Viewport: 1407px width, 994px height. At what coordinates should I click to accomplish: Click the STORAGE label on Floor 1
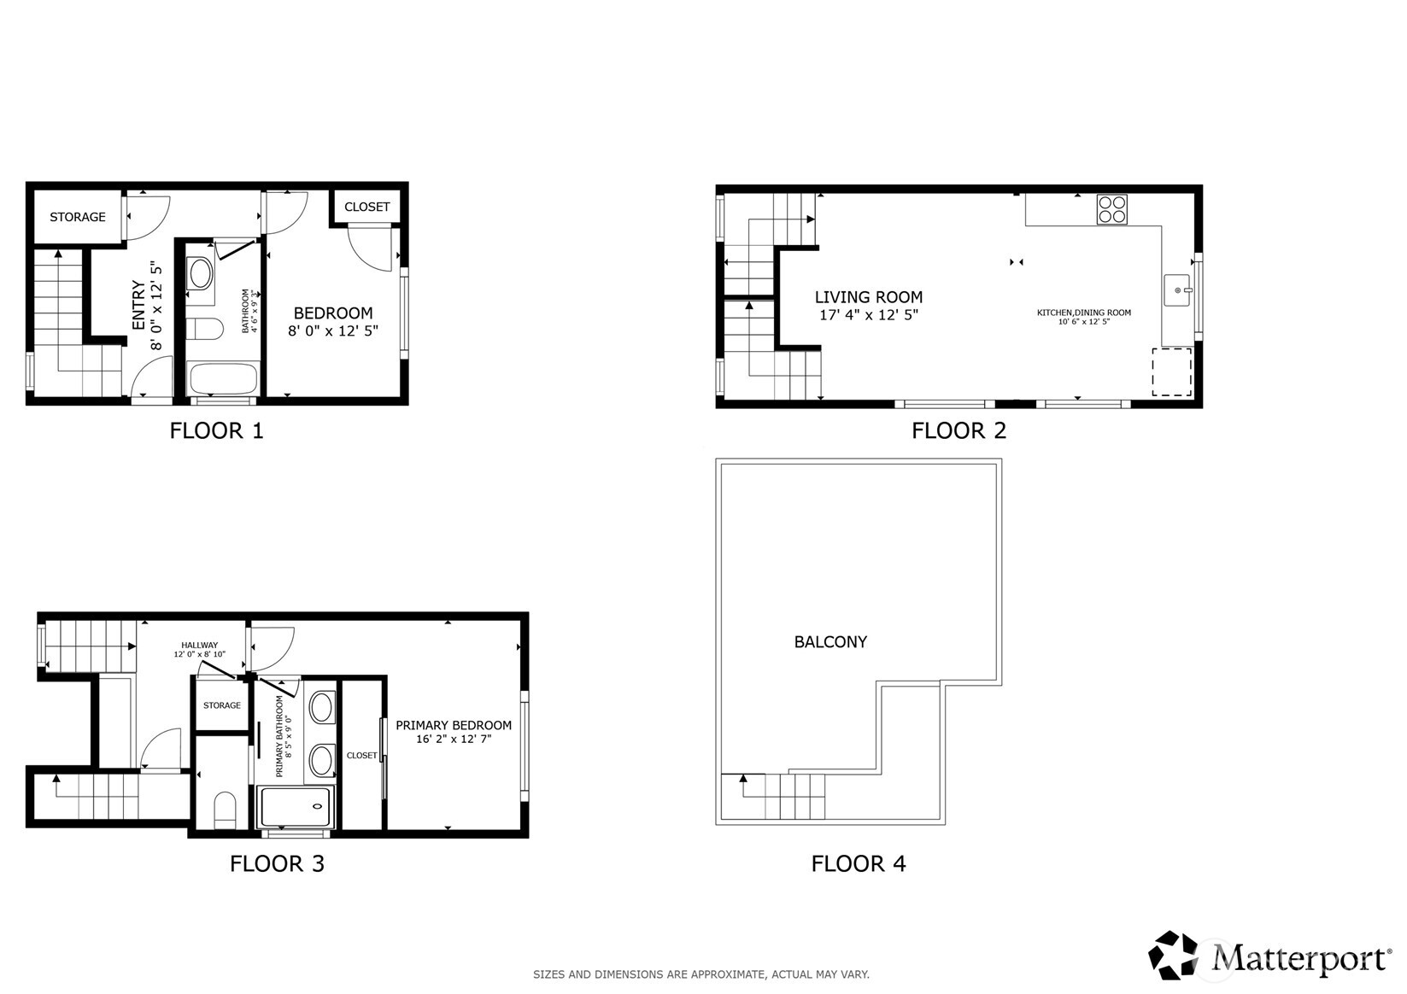tap(78, 217)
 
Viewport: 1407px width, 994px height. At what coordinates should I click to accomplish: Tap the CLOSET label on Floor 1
tap(366, 207)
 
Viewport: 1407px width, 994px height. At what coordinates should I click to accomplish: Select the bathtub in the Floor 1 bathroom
tap(222, 378)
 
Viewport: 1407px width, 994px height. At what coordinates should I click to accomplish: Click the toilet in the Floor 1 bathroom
tap(204, 329)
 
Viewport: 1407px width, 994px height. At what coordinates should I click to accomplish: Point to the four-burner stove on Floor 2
tap(1111, 209)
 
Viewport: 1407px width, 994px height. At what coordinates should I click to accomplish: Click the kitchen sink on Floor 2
tap(1178, 290)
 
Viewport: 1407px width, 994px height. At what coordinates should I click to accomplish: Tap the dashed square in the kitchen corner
tap(1171, 371)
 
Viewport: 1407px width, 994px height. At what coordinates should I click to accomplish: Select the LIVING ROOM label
tap(868, 297)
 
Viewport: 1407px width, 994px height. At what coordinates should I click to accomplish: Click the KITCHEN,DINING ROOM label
tap(1083, 313)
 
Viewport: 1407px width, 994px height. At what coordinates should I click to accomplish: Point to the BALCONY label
tap(830, 642)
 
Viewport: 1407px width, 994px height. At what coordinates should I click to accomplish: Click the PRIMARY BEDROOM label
tap(453, 725)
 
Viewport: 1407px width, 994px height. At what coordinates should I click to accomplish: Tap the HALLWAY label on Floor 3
tap(199, 645)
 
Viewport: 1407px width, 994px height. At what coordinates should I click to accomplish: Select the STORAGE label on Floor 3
tap(221, 705)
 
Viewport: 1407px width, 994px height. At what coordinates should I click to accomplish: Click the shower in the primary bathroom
tap(294, 807)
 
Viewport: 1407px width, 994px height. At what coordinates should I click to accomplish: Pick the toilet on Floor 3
tap(224, 810)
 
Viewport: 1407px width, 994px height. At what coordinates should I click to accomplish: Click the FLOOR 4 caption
tap(858, 863)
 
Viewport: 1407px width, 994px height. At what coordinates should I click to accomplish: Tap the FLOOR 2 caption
tap(959, 430)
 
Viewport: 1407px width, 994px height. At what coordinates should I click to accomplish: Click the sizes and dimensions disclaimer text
tap(701, 974)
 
